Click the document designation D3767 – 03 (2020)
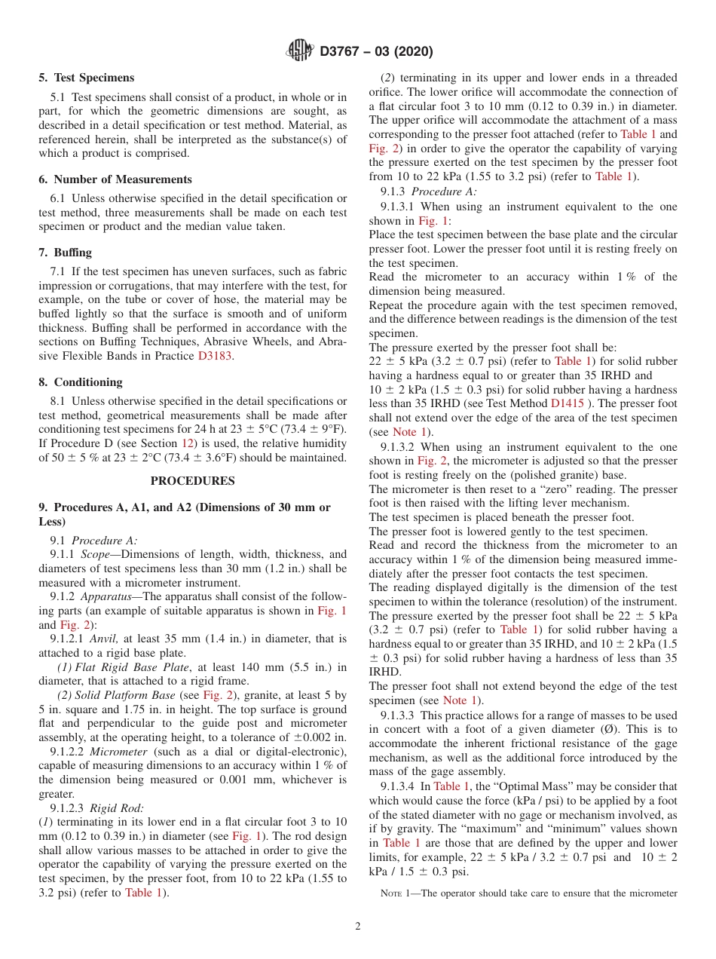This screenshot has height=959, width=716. pyautogui.click(x=376, y=52)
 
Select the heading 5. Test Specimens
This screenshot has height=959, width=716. pyautogui.click(x=86, y=78)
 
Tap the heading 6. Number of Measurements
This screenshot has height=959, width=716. pyautogui.click(x=115, y=179)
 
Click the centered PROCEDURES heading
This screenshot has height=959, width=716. pyautogui.click(x=192, y=481)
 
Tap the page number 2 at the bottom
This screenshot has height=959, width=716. pyautogui.click(x=358, y=927)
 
